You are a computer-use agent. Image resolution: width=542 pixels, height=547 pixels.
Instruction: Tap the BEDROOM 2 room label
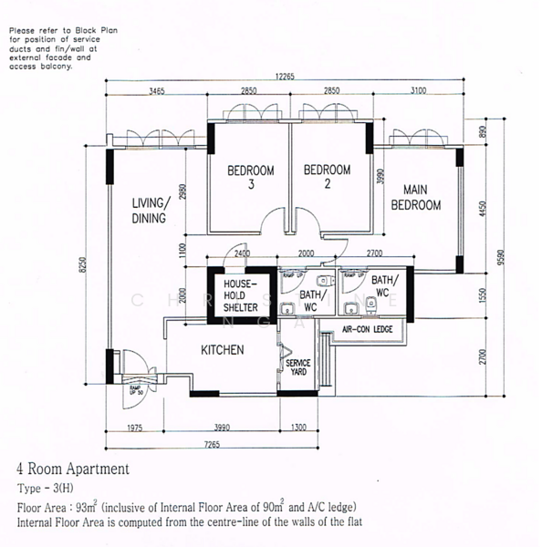coord(327,177)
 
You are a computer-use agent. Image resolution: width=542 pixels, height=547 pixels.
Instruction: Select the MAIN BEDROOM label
coord(416,198)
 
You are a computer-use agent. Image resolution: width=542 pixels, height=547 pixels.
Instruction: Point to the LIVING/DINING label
coord(149,211)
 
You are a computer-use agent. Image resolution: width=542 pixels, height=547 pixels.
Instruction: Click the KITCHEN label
coord(223,350)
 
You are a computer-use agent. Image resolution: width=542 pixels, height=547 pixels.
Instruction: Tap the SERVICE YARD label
coord(298,368)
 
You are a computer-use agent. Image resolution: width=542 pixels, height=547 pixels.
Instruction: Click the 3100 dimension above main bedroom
coord(417,91)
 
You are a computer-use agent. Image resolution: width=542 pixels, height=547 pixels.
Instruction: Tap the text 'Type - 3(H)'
coord(47,489)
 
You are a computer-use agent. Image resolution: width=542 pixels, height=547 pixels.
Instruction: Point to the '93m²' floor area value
coord(85,506)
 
